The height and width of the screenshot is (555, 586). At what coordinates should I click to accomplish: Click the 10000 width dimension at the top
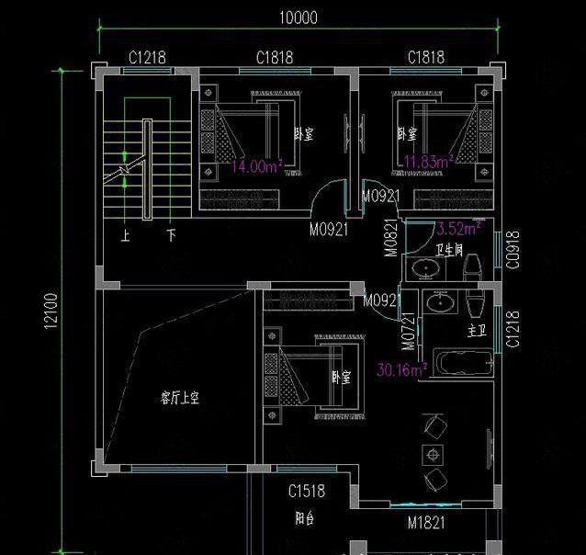point(298,17)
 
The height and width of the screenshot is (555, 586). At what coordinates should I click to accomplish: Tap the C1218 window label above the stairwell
point(147,57)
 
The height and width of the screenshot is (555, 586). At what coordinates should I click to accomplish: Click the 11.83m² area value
point(427,163)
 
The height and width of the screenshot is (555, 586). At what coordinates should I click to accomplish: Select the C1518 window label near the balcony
point(305,491)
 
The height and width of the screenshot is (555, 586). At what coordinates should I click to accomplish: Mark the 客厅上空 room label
point(180,398)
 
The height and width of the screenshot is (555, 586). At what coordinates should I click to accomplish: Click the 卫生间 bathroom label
point(449,248)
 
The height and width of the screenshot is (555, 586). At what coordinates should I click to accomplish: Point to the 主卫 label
point(476,329)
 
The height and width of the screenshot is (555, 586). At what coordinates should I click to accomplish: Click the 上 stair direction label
point(126,235)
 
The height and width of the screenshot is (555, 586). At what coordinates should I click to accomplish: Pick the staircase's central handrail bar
point(146,169)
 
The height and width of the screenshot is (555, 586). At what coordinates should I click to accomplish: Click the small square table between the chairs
point(433,452)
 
